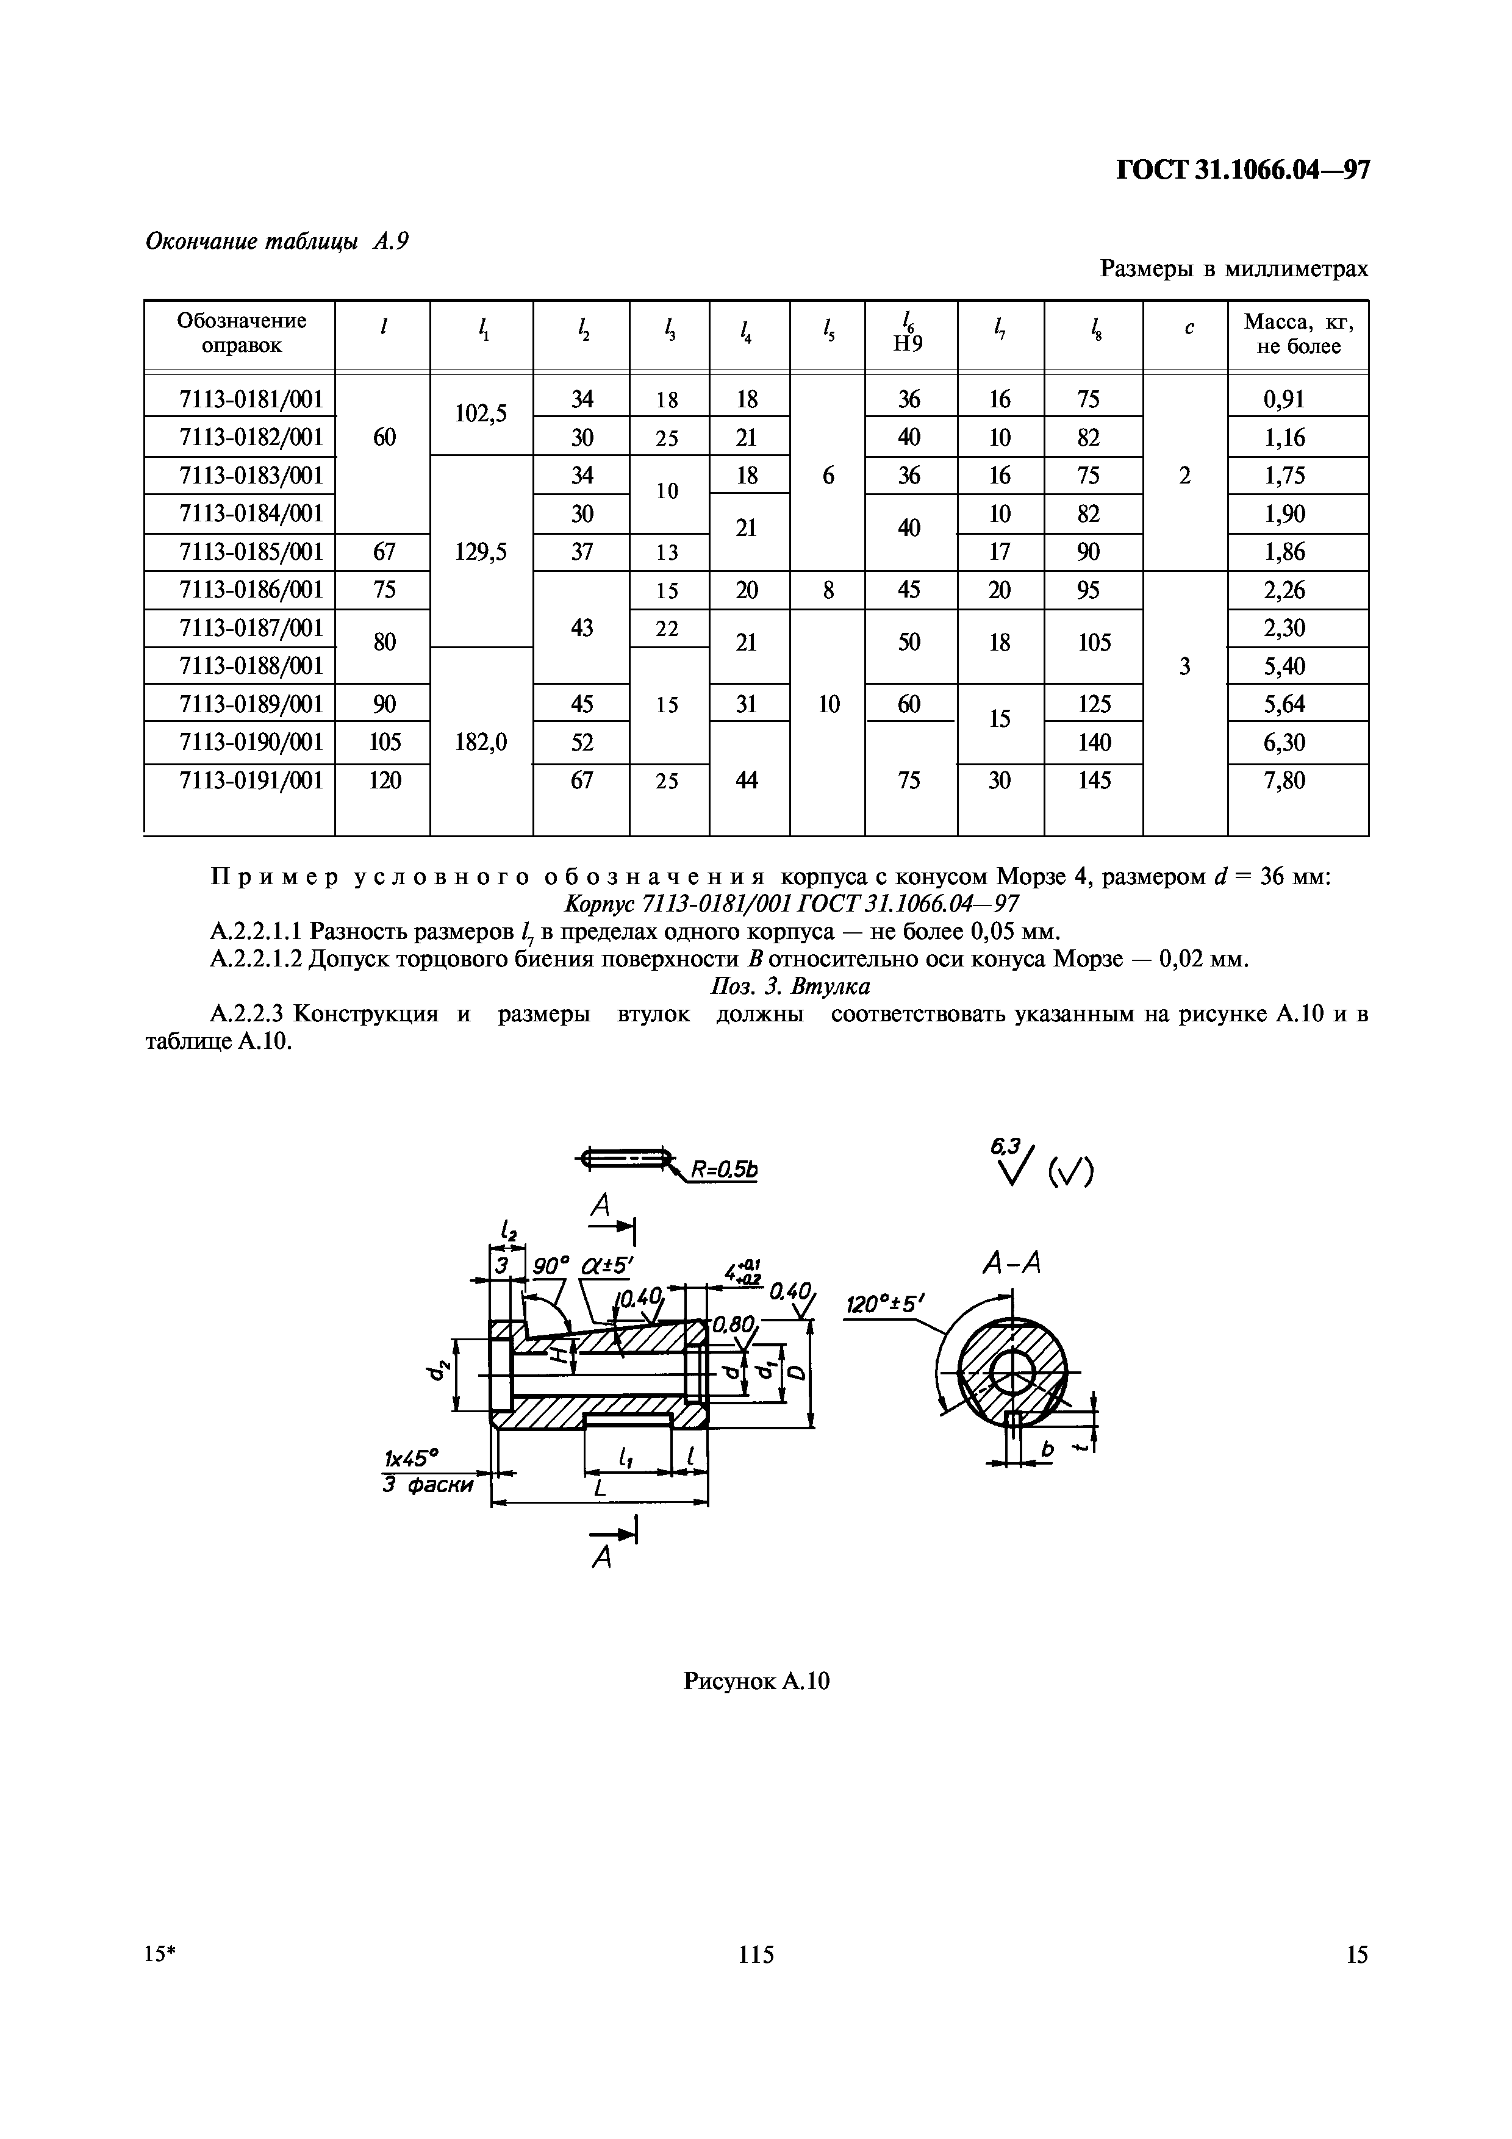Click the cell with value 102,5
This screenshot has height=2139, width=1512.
(481, 413)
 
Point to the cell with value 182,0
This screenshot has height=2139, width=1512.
(481, 743)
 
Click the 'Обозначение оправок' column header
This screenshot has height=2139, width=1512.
(242, 334)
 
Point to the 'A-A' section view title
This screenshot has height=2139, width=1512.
(1011, 1264)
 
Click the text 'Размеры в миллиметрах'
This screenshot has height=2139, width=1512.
(1233, 270)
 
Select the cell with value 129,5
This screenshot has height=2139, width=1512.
(481, 552)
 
